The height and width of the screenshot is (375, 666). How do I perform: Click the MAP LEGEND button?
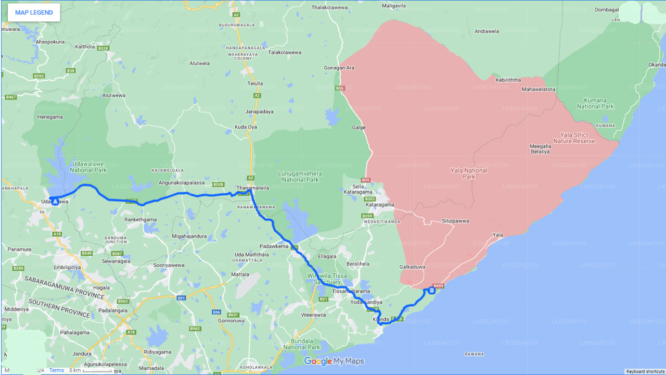tap(34, 12)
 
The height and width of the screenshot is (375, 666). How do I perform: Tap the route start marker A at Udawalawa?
tap(55, 201)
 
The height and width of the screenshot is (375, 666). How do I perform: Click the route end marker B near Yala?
tap(431, 291)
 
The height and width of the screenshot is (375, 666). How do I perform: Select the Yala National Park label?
tap(469, 173)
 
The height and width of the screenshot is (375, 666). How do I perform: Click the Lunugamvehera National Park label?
tap(300, 176)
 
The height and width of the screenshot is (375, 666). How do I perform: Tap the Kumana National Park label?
tap(595, 103)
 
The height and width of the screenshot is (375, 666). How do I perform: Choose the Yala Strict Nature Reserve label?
tap(574, 138)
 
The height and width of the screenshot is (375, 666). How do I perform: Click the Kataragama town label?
tap(379, 205)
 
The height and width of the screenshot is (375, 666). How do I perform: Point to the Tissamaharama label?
tap(351, 291)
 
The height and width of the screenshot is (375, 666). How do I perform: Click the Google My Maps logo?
tap(334, 361)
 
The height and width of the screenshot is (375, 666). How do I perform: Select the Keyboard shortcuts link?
tap(645, 371)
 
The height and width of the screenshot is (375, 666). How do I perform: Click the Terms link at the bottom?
tap(57, 370)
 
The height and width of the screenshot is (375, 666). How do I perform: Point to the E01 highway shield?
tap(182, 298)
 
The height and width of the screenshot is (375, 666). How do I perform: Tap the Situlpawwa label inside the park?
tap(455, 221)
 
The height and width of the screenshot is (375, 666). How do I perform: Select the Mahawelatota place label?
tap(539, 89)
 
